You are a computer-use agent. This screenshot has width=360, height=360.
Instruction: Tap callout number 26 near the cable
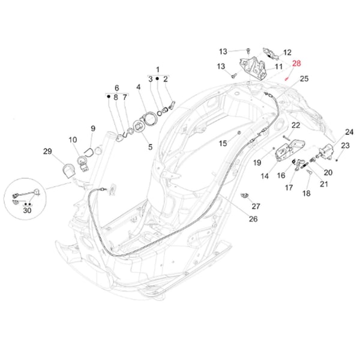coord(253,219)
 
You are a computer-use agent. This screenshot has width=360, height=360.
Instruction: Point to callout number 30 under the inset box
coord(27,211)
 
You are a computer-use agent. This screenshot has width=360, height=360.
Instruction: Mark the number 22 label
coord(296,125)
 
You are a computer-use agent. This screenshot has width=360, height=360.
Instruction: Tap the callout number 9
coord(93,128)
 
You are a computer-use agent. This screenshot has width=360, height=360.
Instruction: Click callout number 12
coord(287,52)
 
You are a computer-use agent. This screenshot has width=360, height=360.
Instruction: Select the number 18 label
coord(306,194)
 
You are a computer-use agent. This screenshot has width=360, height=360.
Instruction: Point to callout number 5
coord(150,146)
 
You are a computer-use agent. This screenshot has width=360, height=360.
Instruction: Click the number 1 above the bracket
coord(158,70)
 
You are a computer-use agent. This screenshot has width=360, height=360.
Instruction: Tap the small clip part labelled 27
coord(244,196)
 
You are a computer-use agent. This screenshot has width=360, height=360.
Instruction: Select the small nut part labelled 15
coord(239,131)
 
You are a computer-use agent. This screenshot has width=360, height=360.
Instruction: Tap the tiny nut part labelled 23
coord(338,159)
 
